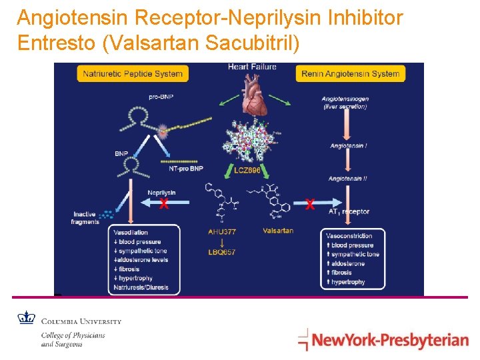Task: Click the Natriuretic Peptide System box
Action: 133,73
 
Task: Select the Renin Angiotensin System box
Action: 351,73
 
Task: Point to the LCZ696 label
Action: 247,170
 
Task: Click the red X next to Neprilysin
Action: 163,204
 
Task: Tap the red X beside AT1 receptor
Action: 309,205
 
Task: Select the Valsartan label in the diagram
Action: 278,231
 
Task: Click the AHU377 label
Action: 222,231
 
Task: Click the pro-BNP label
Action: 161,97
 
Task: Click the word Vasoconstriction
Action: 349,236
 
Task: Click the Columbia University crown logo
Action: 26,318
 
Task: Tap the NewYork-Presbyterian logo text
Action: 390,341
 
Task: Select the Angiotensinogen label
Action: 345,99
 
